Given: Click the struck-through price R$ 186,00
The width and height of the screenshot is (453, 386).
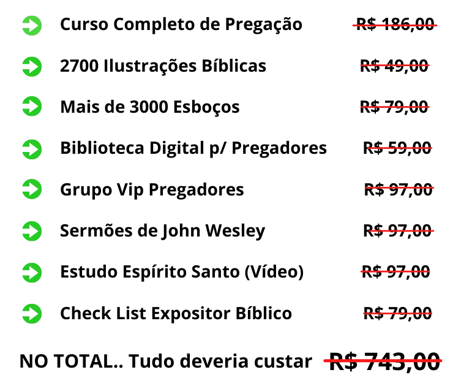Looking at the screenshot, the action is point(395,25).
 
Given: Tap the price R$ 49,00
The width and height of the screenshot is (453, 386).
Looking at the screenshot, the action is point(395,66).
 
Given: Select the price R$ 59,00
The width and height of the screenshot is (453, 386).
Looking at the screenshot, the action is point(397,148).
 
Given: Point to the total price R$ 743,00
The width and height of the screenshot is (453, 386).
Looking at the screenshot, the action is point(383,361).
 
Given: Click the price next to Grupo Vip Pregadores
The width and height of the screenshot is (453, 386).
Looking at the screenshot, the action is point(399,190).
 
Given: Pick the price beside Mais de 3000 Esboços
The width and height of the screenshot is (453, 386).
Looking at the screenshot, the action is point(395,107).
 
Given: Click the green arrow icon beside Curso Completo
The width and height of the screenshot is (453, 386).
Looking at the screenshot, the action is point(32,26).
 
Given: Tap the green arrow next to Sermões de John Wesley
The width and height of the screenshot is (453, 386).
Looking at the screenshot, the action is point(32,231).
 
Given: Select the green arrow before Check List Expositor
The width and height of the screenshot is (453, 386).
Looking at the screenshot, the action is point(32,314).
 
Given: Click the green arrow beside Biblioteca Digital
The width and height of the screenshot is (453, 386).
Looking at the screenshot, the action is point(32,149).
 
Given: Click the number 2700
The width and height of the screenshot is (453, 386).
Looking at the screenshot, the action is point(80,66).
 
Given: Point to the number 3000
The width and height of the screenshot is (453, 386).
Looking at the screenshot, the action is point(149,107).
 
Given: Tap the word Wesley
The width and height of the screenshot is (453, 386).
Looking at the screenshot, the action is point(235,232).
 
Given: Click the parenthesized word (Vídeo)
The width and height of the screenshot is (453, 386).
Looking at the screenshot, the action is point(274,273).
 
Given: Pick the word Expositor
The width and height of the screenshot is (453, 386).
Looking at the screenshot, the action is point(191,314).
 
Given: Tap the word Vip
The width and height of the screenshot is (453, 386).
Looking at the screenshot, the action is point(130,191).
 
